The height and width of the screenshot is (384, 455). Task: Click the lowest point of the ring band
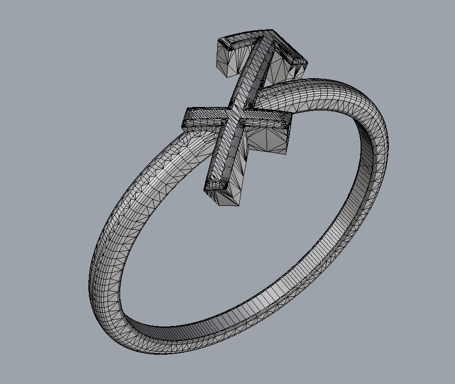click(167, 348)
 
